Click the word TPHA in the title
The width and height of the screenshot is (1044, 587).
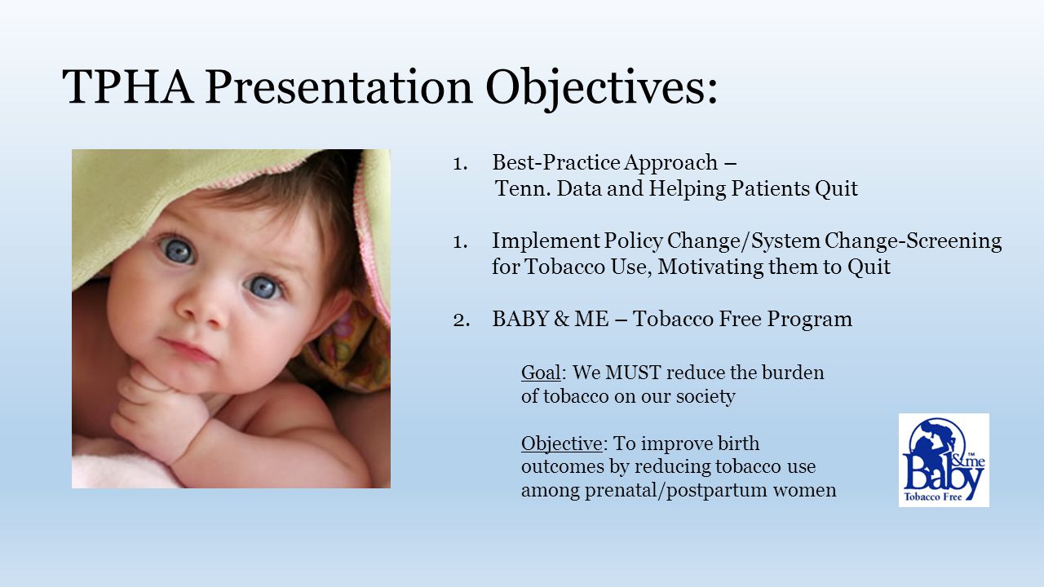pyautogui.click(x=128, y=86)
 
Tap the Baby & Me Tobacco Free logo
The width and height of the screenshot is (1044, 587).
pyautogui.click(x=944, y=460)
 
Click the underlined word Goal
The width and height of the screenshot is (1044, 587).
pyautogui.click(x=541, y=373)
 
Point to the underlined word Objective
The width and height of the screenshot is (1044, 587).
pyautogui.click(x=562, y=444)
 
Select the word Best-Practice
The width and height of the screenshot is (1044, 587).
pyautogui.click(x=556, y=162)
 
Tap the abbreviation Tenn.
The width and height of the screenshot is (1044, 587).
pyautogui.click(x=523, y=188)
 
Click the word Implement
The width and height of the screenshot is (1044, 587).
pyautogui.click(x=546, y=241)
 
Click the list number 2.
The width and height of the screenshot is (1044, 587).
pyautogui.click(x=461, y=320)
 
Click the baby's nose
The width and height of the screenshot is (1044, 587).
pyautogui.click(x=201, y=312)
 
